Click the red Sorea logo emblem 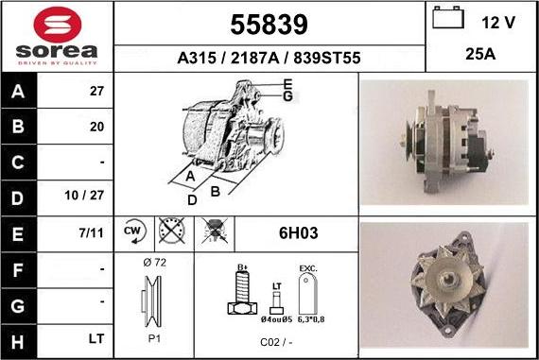(x=58, y=25)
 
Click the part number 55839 (x=269, y=25)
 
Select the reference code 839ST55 (x=327, y=58)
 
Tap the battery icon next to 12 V (x=448, y=17)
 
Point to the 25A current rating (x=480, y=54)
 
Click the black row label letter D (x=18, y=198)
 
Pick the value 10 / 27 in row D (x=84, y=195)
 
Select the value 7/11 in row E (x=91, y=232)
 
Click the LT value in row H (x=96, y=338)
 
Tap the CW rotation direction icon (x=134, y=231)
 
